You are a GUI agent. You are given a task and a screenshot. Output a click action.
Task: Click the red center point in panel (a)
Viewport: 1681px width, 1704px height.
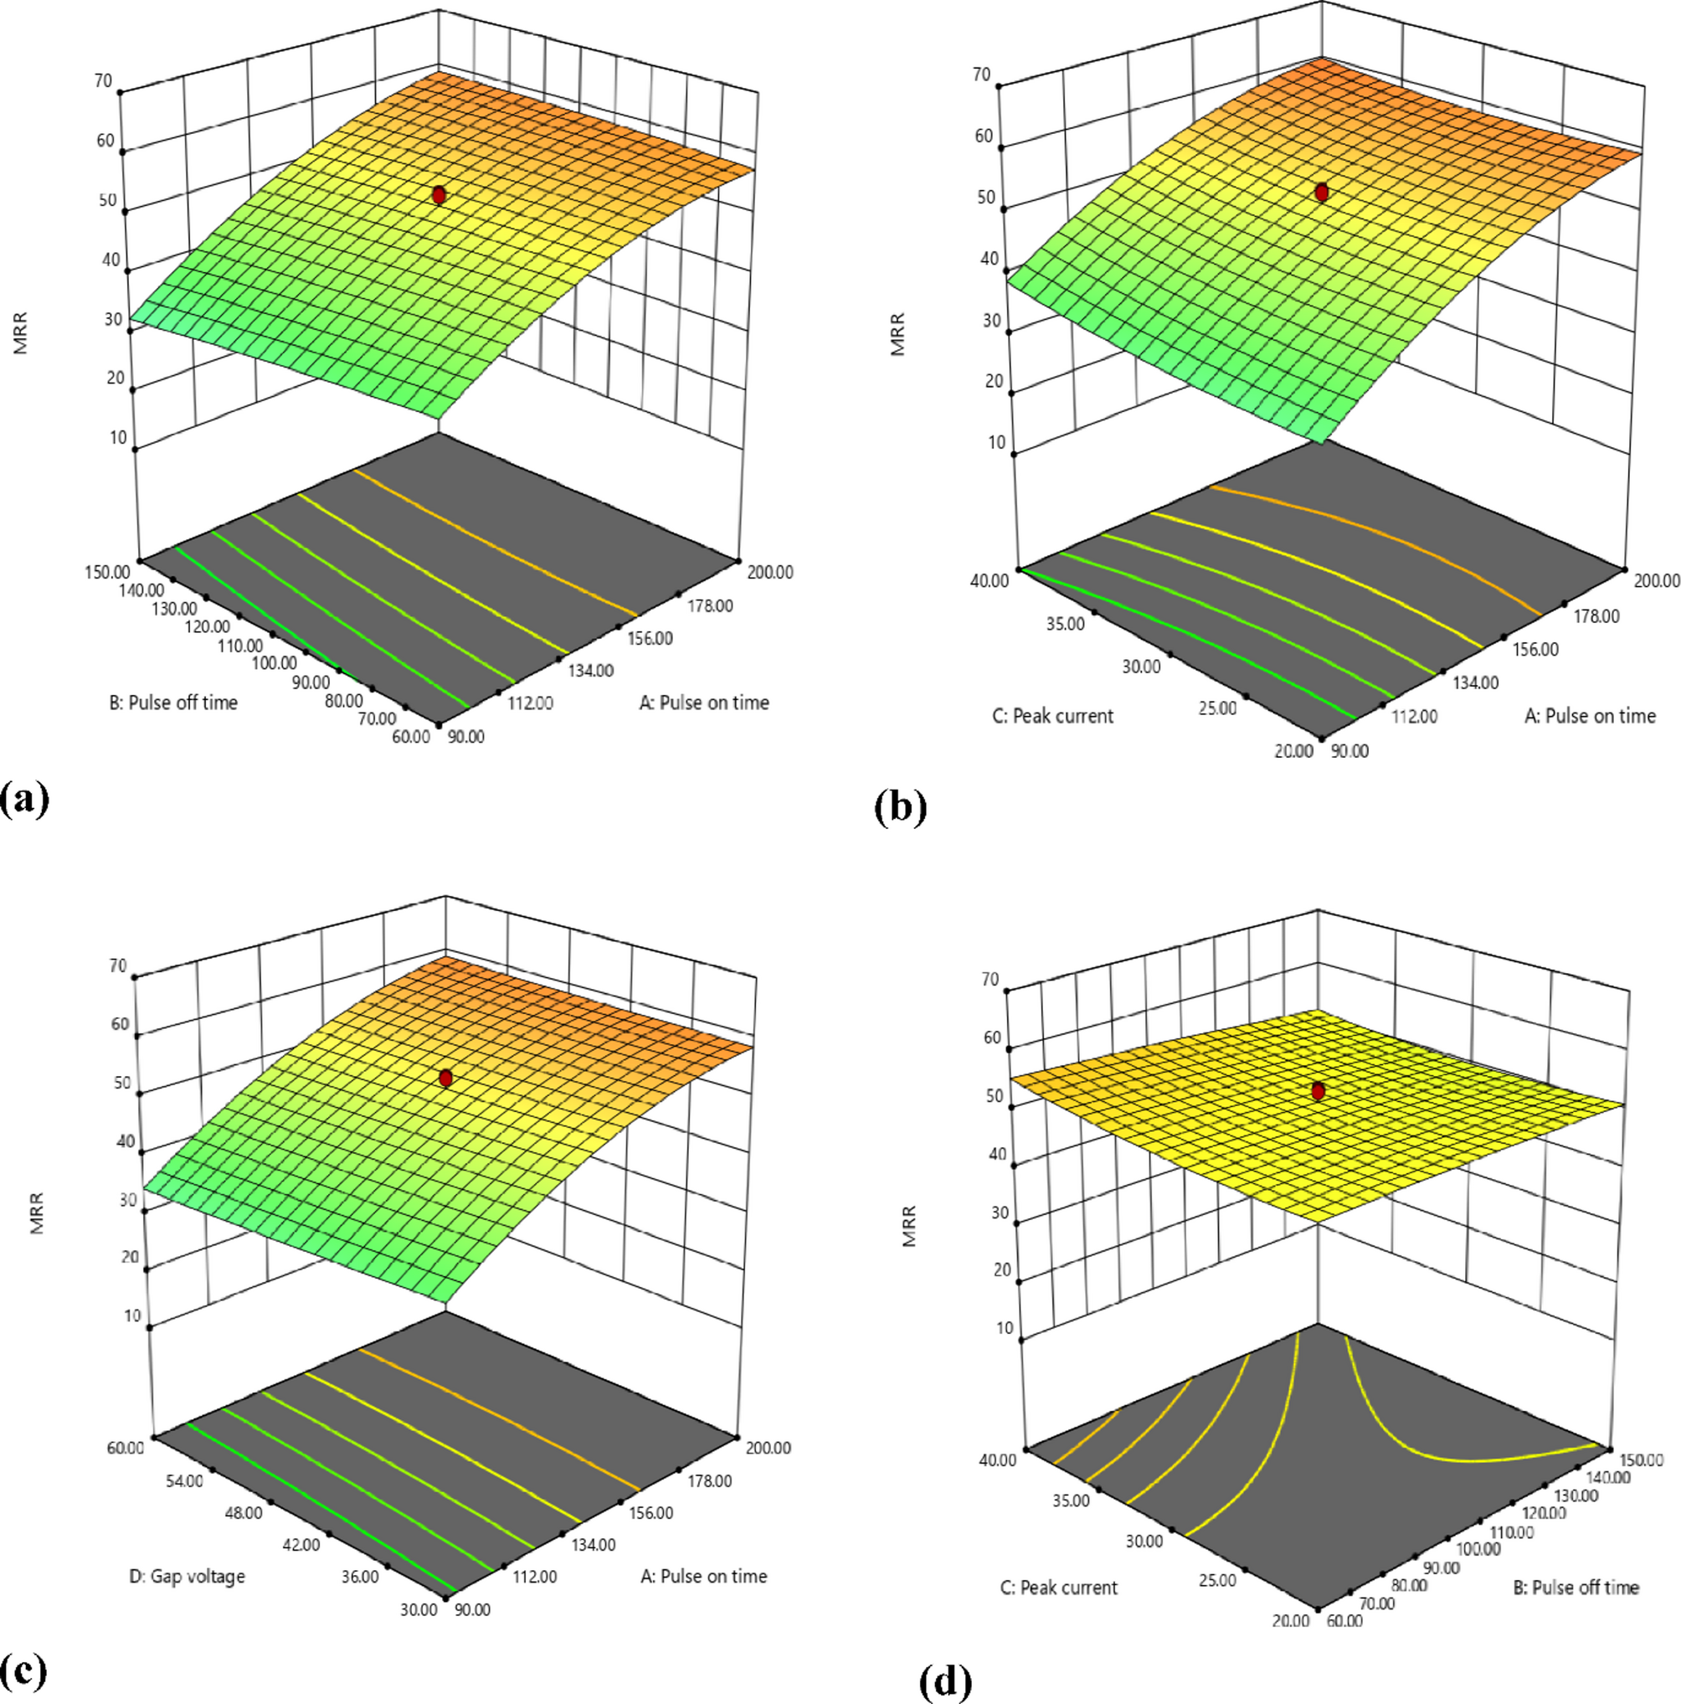coord(439,195)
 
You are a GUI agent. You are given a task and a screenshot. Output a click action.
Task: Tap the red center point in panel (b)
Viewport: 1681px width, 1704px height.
coord(1321,193)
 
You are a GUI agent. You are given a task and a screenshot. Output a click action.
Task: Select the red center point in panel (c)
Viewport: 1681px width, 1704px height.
coord(445,1078)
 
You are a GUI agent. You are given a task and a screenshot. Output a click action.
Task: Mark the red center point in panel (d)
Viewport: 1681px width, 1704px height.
coord(1319,1091)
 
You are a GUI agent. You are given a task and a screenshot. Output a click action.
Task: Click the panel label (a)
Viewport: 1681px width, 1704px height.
coord(24,799)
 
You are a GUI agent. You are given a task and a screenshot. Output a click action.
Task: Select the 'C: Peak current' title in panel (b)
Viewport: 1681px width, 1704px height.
coord(1053,716)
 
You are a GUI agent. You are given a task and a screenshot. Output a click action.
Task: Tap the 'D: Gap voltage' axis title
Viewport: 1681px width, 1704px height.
coord(187,1576)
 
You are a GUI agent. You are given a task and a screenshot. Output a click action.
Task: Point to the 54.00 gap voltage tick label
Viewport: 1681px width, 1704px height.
coord(183,1481)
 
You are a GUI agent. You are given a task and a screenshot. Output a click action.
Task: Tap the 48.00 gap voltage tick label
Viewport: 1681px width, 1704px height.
coord(242,1513)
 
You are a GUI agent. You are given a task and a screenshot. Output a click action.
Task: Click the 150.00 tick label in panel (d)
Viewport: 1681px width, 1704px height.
coord(1641,1460)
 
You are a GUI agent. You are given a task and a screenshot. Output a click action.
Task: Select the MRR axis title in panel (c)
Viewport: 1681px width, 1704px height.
coord(37,1212)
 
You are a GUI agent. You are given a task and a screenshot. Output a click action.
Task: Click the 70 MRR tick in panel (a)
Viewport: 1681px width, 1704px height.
coord(103,81)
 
